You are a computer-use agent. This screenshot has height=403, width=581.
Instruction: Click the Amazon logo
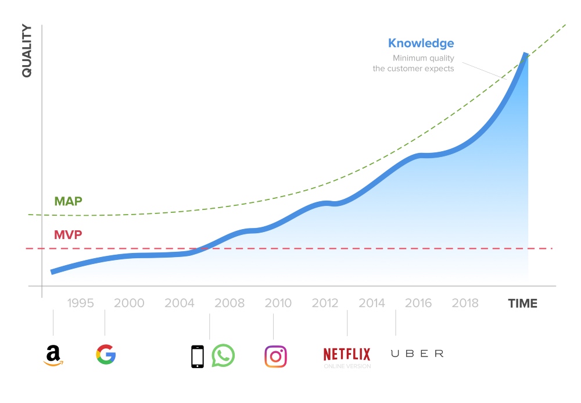[x=53, y=355]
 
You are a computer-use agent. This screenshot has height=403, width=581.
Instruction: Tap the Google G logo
[x=106, y=354]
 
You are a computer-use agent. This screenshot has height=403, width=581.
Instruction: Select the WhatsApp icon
[x=223, y=356]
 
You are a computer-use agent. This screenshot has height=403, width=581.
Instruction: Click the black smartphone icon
[x=198, y=356]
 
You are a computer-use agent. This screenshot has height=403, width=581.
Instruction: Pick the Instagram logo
[x=276, y=356]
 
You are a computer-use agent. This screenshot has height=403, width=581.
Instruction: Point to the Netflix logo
[x=347, y=354]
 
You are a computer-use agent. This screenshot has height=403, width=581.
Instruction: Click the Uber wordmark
[x=417, y=354]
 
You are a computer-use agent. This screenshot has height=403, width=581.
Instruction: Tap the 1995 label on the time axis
[x=80, y=303]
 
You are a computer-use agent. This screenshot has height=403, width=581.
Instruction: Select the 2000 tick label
[x=129, y=303]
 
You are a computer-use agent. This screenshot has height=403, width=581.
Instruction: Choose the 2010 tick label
[x=278, y=303]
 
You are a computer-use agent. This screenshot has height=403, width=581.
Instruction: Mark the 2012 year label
[x=325, y=303]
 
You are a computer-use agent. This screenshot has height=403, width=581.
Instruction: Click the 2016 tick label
[x=418, y=303]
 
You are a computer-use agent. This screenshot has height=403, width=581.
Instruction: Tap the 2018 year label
[x=465, y=303]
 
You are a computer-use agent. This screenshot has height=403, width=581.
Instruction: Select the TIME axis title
[x=523, y=303]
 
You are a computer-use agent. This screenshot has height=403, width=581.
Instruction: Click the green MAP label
[x=68, y=202]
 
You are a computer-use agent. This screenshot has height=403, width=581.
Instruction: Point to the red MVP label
[x=68, y=236]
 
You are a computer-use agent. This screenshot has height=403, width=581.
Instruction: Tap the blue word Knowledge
[x=421, y=43]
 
